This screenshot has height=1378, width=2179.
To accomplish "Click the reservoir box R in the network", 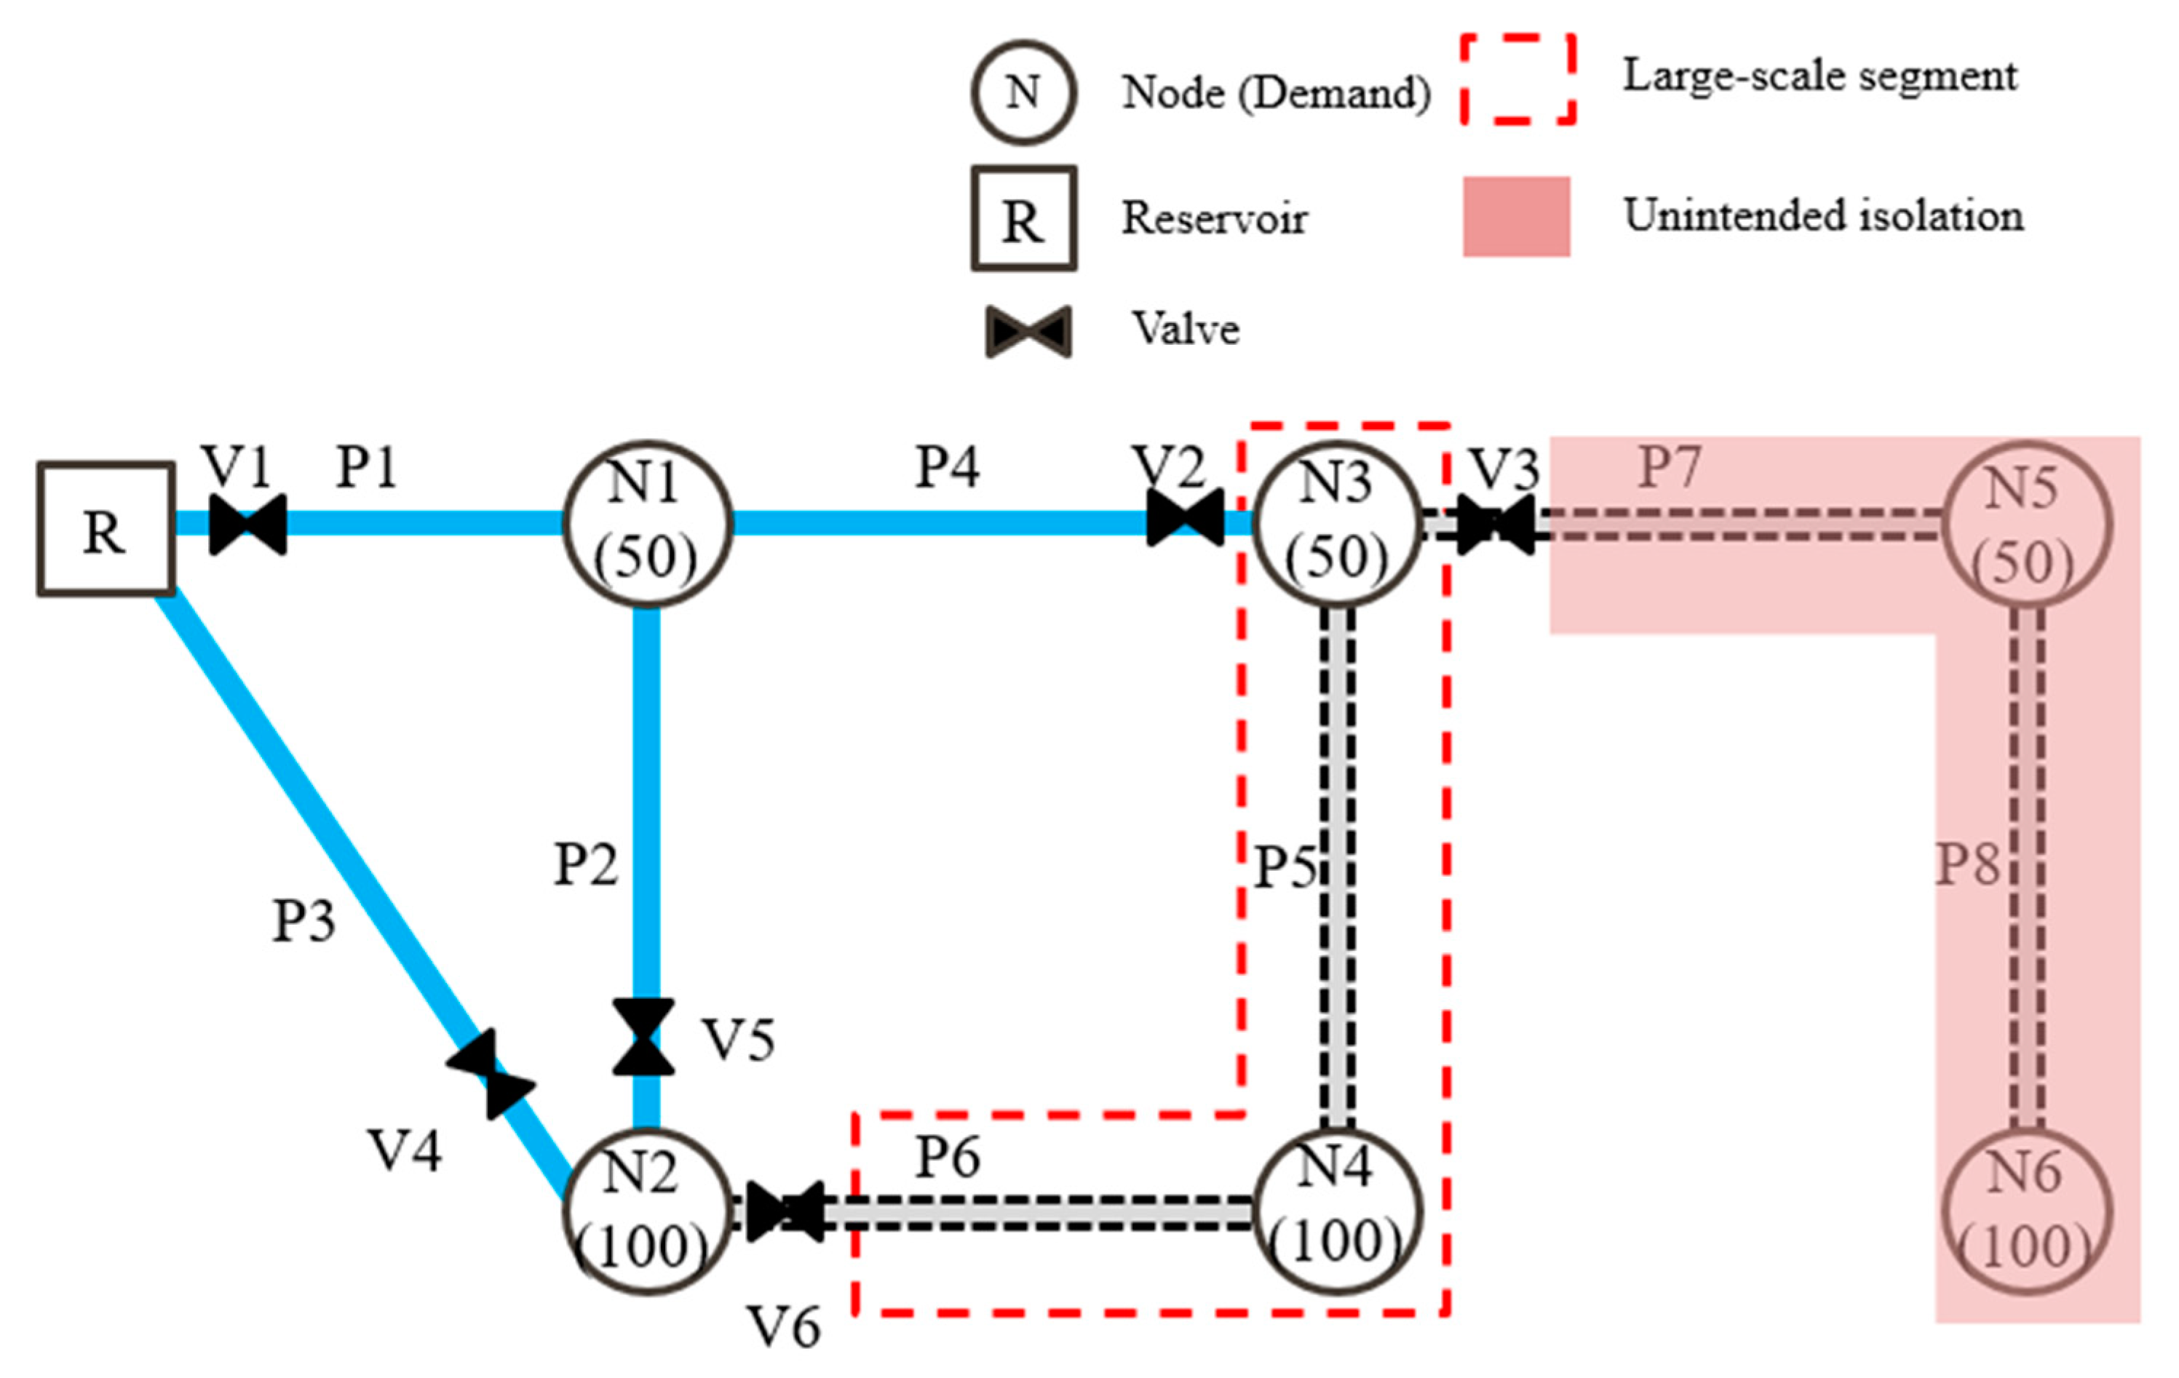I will pyautogui.click(x=106, y=530).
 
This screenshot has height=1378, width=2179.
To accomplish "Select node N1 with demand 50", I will pyautogui.click(x=647, y=523).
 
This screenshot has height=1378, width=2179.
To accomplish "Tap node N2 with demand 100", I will pyautogui.click(x=647, y=1212).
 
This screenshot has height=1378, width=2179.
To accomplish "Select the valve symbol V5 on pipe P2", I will pyautogui.click(x=643, y=1037).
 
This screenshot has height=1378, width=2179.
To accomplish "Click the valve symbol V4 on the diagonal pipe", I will pyautogui.click(x=491, y=1074).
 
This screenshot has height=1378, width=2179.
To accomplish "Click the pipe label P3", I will pyautogui.click(x=304, y=921).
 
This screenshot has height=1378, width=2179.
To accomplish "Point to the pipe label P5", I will pyautogui.click(x=1285, y=867).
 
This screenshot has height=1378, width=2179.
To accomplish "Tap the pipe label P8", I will pyautogui.click(x=1967, y=864).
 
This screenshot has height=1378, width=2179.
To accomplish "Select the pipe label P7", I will pyautogui.click(x=1670, y=468).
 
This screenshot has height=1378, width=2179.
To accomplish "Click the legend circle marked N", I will pyautogui.click(x=1023, y=92).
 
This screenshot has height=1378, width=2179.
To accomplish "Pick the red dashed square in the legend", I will pyautogui.click(x=1518, y=79).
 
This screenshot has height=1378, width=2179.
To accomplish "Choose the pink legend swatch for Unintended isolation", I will pyautogui.click(x=1517, y=217).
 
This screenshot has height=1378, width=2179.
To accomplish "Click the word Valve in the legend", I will pyautogui.click(x=1186, y=328).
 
